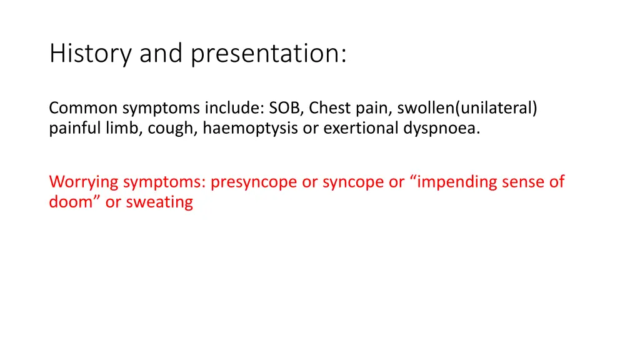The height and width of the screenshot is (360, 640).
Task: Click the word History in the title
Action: [x=91, y=54]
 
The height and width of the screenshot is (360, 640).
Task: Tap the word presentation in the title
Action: [x=267, y=54]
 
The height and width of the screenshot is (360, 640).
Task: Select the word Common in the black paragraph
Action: [x=84, y=108]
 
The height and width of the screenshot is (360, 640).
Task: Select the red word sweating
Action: [x=160, y=202]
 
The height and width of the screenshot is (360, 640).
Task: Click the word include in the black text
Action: [x=234, y=108]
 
